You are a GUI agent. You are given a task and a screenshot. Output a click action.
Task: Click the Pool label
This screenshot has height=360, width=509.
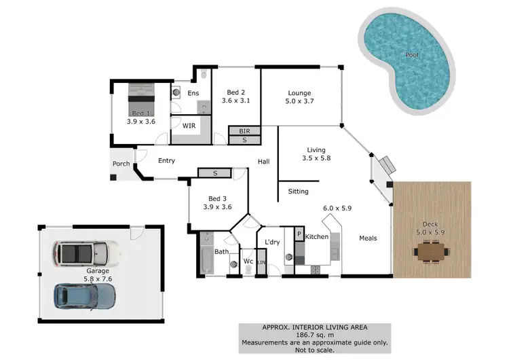pos(411,55)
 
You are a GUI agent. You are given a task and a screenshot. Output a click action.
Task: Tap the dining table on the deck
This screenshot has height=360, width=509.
pos(431,253)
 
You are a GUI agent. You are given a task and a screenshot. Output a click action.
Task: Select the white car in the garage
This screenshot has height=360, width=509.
pos(87,253)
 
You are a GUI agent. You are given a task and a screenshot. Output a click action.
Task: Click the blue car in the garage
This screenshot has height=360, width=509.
pos(84,295)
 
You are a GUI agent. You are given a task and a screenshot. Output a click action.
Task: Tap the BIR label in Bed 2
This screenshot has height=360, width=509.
pos(245,130)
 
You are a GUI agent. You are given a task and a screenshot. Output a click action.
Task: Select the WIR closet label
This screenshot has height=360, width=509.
pos(190,126)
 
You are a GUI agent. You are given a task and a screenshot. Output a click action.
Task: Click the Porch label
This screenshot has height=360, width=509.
pos(121,164)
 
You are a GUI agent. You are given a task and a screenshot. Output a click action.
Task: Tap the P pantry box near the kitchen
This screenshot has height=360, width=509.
pos(298,234)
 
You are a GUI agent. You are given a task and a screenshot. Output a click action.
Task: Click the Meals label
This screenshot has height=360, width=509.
pos(367,238)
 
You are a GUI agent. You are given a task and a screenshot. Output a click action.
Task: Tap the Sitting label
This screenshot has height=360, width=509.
pos(299,192)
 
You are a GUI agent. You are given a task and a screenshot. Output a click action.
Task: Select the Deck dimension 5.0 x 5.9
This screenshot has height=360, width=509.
pos(430,231)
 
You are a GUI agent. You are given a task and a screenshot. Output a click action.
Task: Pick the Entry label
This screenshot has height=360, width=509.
pos(166,161)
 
